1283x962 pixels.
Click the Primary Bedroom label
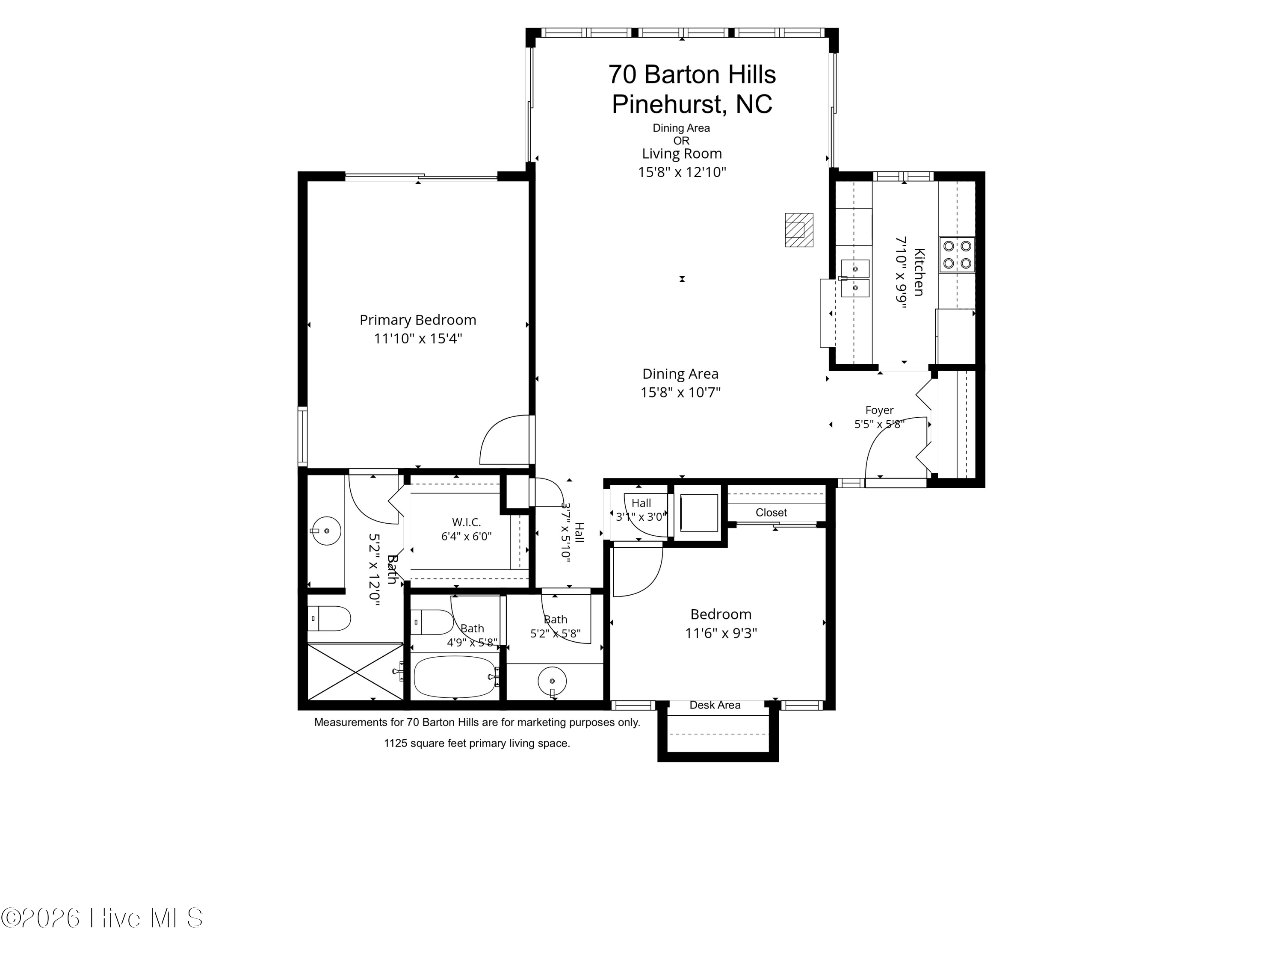[x=417, y=320]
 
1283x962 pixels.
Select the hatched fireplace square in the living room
[x=799, y=230]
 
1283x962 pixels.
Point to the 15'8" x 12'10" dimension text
[x=682, y=172]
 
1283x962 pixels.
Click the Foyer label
[x=879, y=410]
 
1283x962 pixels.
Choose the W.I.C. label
[x=466, y=522]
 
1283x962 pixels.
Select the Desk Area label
[x=715, y=705]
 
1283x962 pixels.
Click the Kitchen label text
[x=919, y=272]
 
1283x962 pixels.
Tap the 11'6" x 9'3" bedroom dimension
[x=721, y=633]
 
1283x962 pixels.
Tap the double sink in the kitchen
[x=855, y=278]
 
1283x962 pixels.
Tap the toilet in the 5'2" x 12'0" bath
[x=328, y=619]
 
